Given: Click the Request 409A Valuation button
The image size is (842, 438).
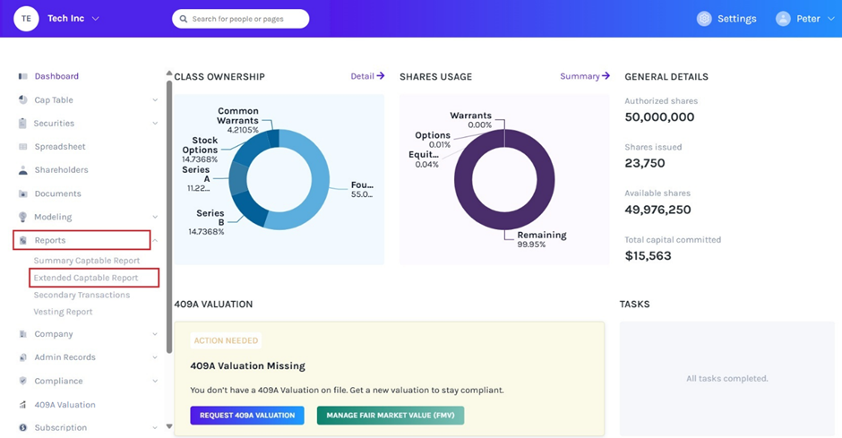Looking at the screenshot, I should [247, 416].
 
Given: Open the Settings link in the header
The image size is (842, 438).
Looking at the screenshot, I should [726, 19].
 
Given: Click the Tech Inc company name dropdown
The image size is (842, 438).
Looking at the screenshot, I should [73, 19].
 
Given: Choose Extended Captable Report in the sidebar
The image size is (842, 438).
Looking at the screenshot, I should [86, 278].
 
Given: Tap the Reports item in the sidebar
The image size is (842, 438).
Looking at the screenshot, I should [50, 240].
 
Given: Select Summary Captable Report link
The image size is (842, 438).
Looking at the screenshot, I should [87, 261].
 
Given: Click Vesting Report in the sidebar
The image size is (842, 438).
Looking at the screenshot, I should [63, 312].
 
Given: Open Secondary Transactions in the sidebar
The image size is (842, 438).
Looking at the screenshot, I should [82, 295].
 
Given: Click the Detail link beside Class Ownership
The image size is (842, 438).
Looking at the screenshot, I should [367, 76].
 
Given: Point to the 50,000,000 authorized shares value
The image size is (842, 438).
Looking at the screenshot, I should [659, 117].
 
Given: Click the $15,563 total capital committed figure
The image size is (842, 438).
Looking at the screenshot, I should [648, 256].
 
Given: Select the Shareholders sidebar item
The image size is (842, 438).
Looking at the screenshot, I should [61, 170].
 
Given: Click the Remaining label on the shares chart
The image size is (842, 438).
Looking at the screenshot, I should [542, 235].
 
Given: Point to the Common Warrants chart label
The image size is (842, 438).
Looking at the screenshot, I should [237, 116].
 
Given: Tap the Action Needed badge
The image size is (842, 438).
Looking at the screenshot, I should [226, 340].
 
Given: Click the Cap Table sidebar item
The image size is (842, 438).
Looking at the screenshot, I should [54, 100].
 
